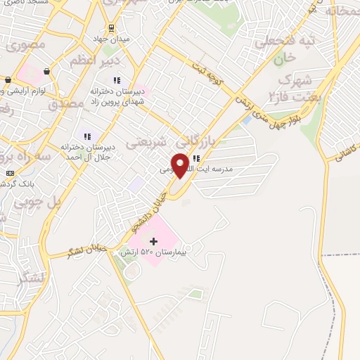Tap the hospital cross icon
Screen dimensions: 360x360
154,241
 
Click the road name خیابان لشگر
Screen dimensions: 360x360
87,248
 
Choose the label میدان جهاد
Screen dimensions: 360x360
113,37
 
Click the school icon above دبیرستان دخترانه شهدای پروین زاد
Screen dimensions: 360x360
117,80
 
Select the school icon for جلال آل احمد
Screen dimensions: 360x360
87,136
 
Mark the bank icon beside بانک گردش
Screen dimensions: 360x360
9,173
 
